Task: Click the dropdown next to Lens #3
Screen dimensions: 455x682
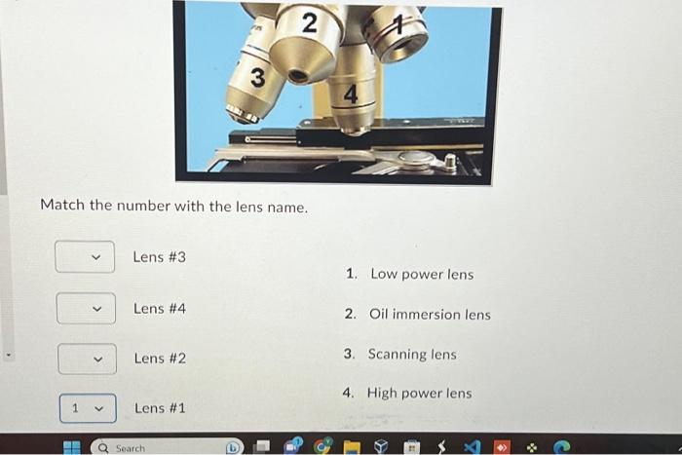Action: pos(85,257)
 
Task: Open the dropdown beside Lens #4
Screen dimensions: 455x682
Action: pos(86,309)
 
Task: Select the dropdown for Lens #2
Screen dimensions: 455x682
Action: pos(87,359)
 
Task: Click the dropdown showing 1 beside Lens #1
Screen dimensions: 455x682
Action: pos(87,408)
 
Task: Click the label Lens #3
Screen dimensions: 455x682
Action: pos(159,257)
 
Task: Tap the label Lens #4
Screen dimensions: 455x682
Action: pos(159,309)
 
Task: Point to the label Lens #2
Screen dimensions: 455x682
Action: pos(160,359)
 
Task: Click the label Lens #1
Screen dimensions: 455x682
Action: pos(160,408)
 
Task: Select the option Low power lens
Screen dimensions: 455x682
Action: pos(421,275)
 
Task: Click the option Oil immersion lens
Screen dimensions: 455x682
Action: pos(430,315)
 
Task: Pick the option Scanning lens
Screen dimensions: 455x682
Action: pos(411,355)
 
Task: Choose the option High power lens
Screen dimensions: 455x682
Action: pos(419,394)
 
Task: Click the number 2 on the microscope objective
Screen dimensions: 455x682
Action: pos(309,24)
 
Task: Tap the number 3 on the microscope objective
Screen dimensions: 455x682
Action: pos(257,79)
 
